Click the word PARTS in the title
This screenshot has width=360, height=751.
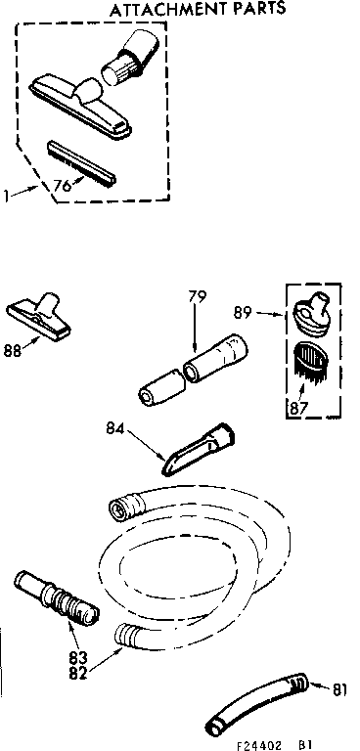pos(256,10)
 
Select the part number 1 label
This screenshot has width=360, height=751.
pos(7,196)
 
